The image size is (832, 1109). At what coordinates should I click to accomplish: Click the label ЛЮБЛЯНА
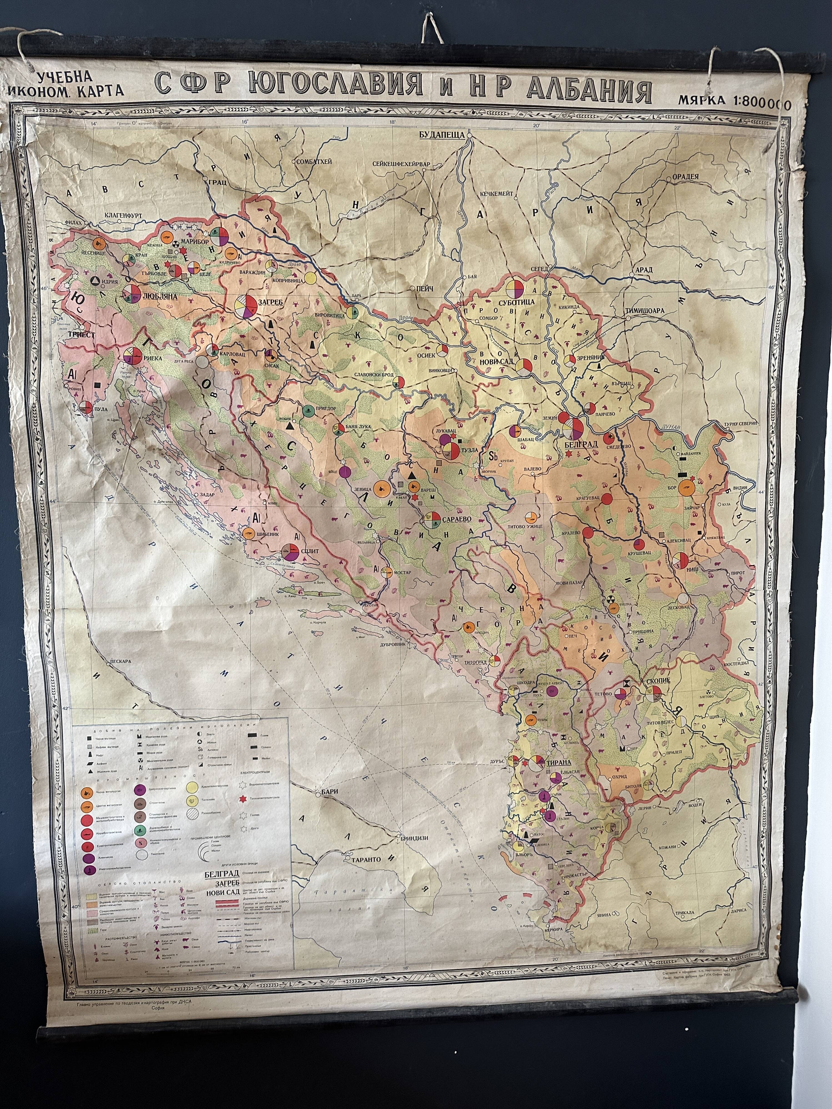coord(161,296)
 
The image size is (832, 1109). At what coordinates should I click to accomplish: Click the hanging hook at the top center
coord(428,31)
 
